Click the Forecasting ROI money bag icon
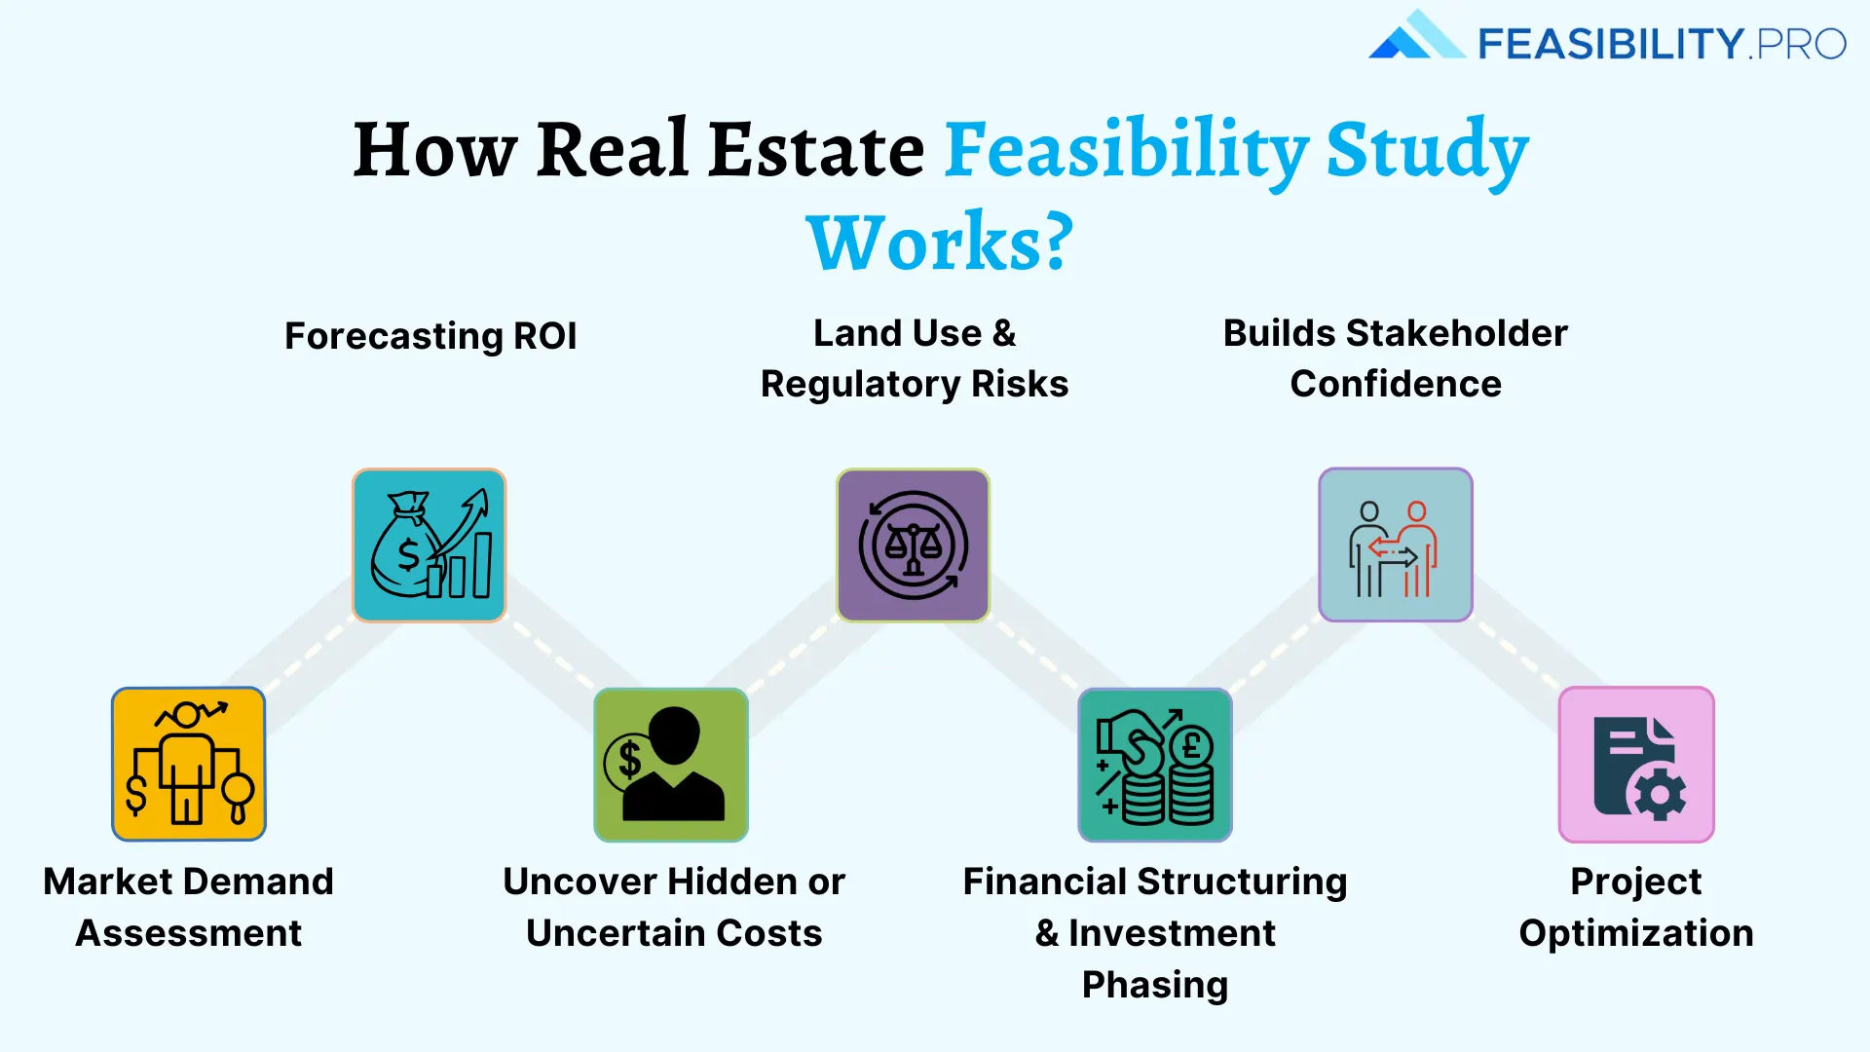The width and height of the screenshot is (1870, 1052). click(x=430, y=545)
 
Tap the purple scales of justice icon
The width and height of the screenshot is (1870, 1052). click(x=913, y=545)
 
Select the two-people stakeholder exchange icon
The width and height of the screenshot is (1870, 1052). click(x=1395, y=545)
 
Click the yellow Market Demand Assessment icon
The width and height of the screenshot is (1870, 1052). click(x=189, y=764)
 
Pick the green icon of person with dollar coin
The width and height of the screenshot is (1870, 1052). click(x=671, y=765)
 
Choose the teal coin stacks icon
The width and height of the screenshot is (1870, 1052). click(x=1155, y=765)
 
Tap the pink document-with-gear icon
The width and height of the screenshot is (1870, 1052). click(x=1636, y=765)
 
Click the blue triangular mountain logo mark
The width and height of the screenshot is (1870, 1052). click(x=1416, y=37)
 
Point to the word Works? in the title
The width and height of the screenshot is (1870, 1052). click(x=940, y=243)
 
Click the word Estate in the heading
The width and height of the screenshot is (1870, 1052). click(x=816, y=150)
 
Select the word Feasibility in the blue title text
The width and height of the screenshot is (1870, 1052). click(x=1127, y=150)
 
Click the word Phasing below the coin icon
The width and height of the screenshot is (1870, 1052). click(x=1155, y=985)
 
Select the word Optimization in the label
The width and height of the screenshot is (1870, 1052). click(x=1636, y=933)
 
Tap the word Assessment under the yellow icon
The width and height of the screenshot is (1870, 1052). click(x=189, y=933)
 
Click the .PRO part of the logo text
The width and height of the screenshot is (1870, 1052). click(x=1798, y=44)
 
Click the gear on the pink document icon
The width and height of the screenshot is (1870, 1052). click(x=1660, y=794)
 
